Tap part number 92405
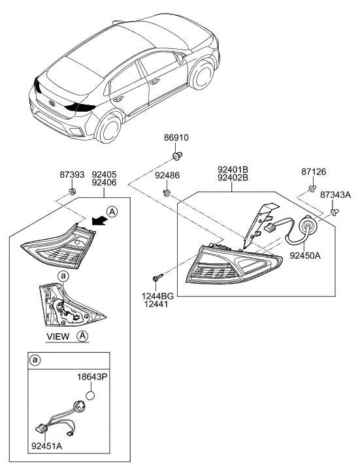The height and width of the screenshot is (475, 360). point(104,174)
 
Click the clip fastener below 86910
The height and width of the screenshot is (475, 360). point(177,156)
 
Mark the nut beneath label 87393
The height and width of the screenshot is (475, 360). point(74,191)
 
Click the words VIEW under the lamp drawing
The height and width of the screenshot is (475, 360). point(59,337)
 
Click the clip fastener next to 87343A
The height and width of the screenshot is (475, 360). point(335,212)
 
